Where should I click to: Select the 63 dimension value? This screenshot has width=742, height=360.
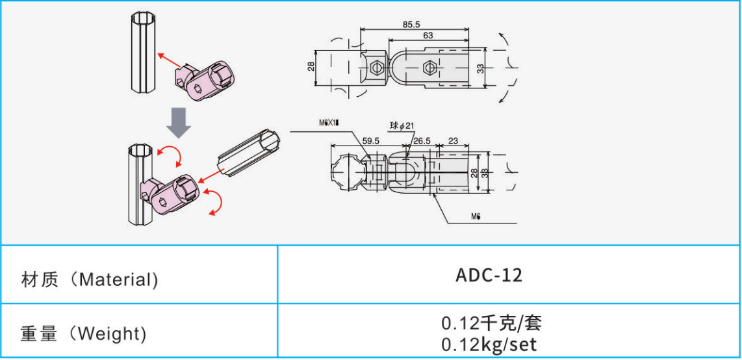[428, 35]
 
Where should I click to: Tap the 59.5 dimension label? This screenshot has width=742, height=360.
[370, 140]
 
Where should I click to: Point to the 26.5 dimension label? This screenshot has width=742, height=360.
[422, 140]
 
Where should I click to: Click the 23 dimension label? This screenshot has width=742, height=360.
[454, 140]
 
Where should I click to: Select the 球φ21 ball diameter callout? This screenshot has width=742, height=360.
[402, 126]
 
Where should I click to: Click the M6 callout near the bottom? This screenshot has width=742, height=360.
[476, 216]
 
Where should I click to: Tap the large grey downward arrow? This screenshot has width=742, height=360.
[179, 123]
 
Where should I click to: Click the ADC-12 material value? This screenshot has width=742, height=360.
[489, 276]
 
